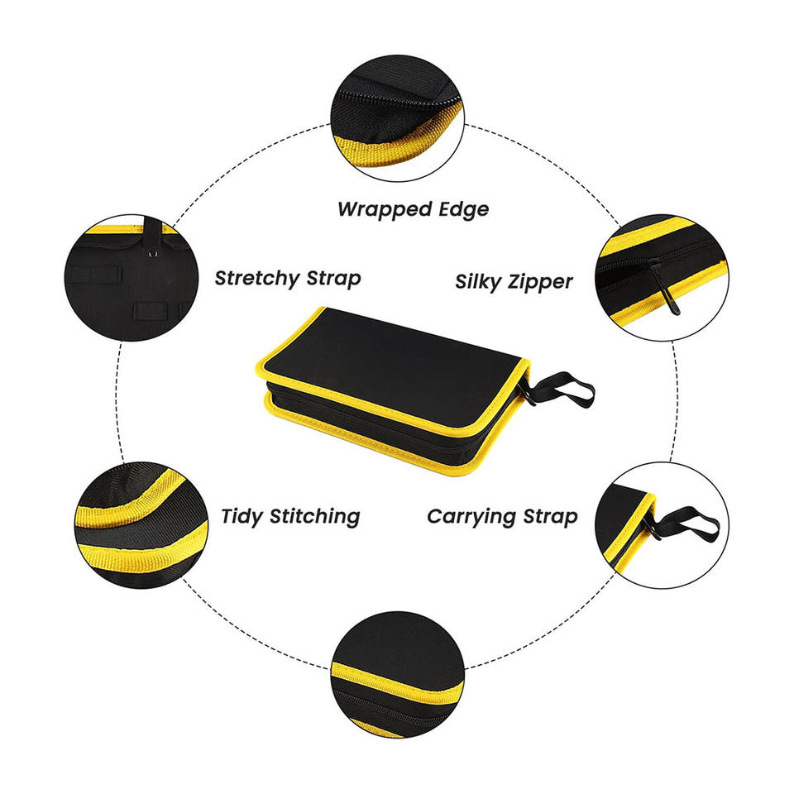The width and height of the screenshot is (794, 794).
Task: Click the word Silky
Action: click(x=478, y=281)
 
